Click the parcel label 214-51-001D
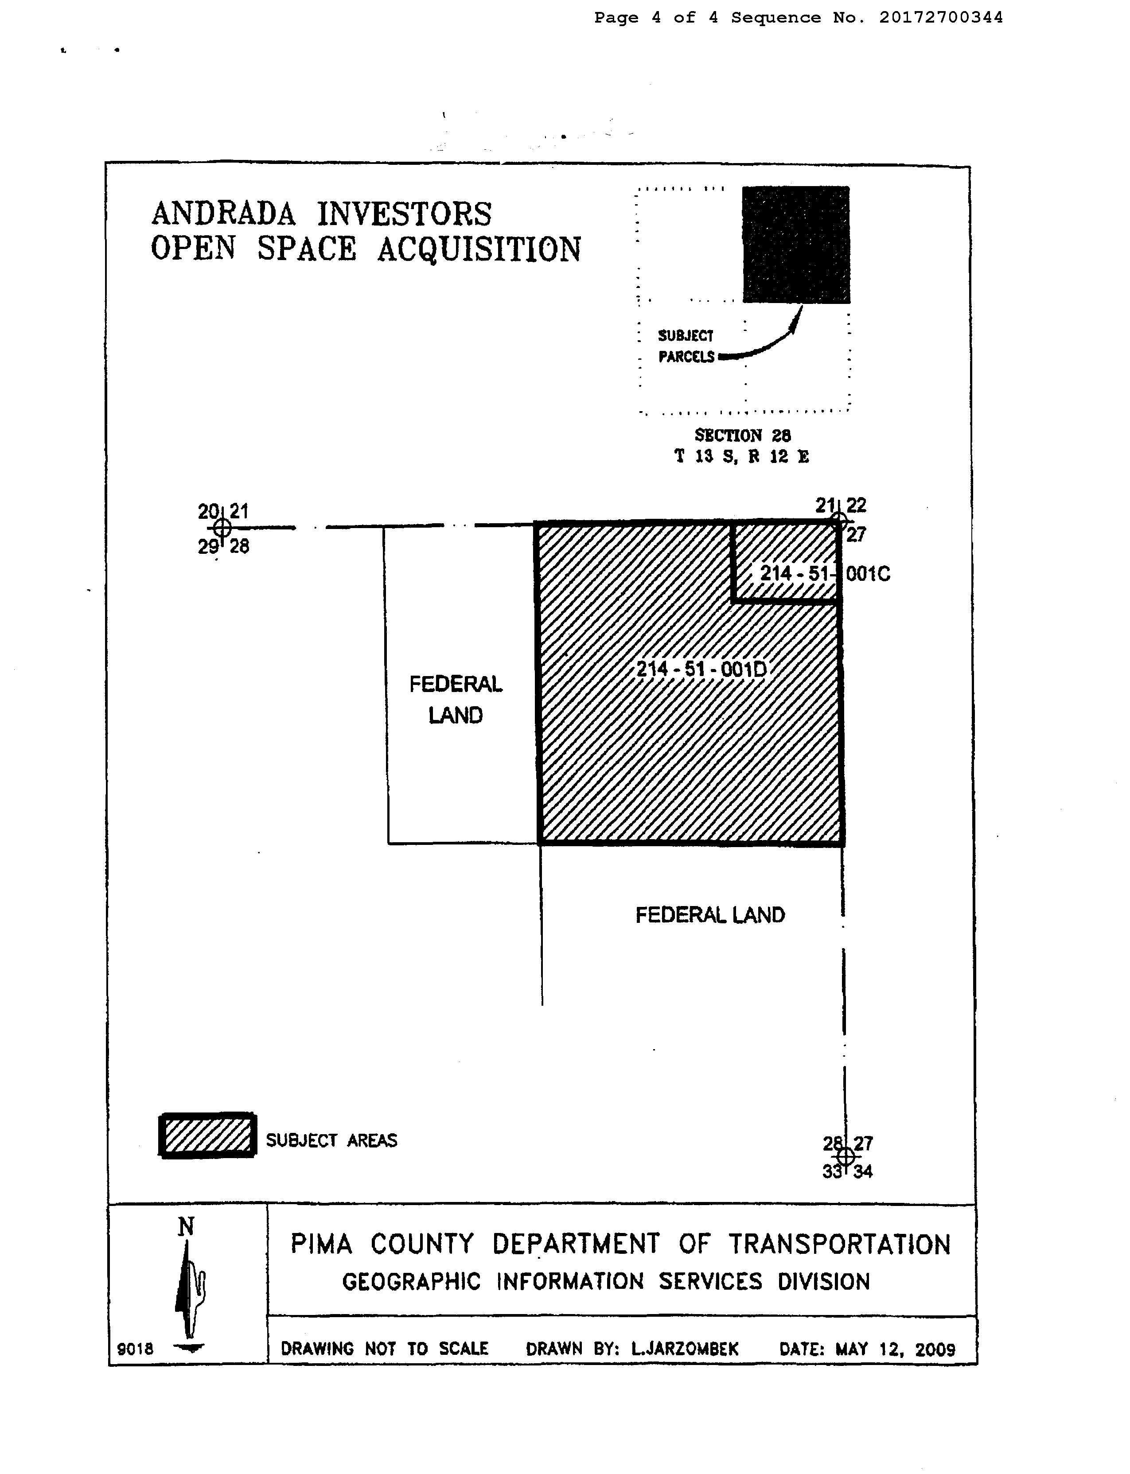701,669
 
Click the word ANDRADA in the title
223,214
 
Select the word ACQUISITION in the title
479,249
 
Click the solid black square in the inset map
796,245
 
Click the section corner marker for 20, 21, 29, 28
222,529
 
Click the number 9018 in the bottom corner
135,1348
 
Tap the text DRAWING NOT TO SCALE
384,1348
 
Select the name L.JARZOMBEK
684,1348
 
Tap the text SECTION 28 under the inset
743,435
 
